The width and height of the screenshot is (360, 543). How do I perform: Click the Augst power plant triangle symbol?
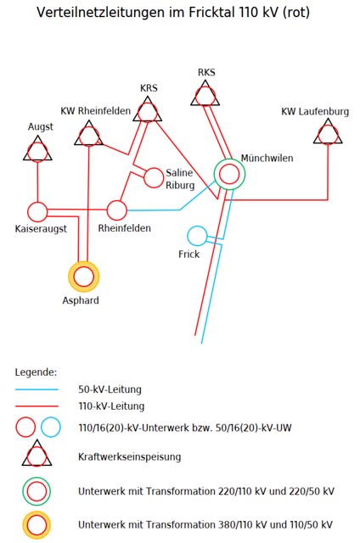(37, 150)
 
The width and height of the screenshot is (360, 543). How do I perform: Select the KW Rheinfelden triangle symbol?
(88, 133)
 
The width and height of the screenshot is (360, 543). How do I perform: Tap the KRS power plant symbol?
(148, 109)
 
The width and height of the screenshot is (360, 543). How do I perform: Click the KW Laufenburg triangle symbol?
(328, 132)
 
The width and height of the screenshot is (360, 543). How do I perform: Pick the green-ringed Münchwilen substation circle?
(228, 175)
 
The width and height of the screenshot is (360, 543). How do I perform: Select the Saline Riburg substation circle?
(154, 177)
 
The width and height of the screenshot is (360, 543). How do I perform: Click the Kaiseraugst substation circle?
(37, 211)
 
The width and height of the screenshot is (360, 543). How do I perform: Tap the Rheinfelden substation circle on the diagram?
(117, 210)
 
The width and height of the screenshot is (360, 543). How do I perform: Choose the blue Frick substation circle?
(197, 235)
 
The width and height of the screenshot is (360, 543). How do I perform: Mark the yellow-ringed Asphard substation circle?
(84, 276)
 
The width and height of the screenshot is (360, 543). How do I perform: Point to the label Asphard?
(82, 300)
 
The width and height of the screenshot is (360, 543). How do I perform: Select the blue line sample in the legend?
(37, 389)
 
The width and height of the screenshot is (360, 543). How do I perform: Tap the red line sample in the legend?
(37, 406)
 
